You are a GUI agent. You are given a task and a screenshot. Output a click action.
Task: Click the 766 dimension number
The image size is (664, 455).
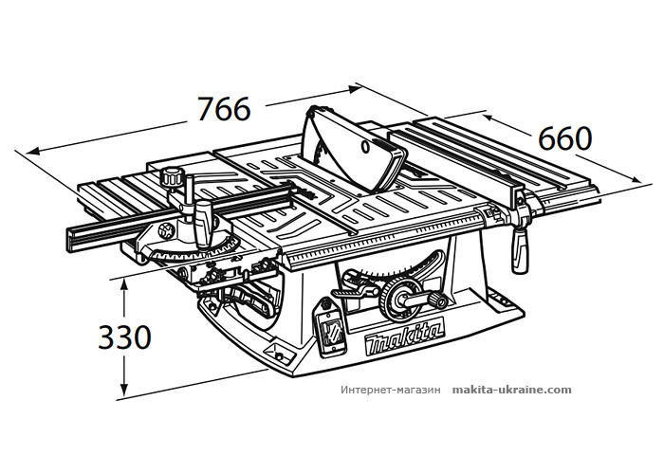pos(224,109)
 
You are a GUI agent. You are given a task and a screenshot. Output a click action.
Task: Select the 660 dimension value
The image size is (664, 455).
pos(565,138)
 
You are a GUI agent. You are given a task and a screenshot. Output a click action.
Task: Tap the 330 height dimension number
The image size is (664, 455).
pos(124,337)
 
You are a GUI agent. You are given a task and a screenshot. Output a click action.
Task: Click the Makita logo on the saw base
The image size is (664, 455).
pos(404,337)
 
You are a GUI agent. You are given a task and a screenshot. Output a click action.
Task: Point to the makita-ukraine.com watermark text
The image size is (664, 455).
pos(511,390)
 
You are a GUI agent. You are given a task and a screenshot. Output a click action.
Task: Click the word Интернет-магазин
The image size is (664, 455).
pos(391,390)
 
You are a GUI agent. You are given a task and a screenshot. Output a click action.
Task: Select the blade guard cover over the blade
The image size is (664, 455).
pos(354,147)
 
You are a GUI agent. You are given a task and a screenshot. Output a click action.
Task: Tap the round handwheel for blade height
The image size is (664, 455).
pos(401,300)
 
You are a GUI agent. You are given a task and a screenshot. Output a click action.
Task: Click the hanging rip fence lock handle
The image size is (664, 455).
pos(520,250)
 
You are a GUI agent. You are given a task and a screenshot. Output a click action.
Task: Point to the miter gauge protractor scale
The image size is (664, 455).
pos(195,252)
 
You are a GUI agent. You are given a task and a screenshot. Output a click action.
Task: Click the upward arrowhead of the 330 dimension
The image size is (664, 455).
pos(123,283)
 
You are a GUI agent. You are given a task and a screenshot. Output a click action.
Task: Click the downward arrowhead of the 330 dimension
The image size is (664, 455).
pos(123,390)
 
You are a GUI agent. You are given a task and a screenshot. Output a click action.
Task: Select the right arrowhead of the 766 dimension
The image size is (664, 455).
pos(355,88)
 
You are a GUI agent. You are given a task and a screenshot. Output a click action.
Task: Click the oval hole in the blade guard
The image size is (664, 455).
pos(365,147)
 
